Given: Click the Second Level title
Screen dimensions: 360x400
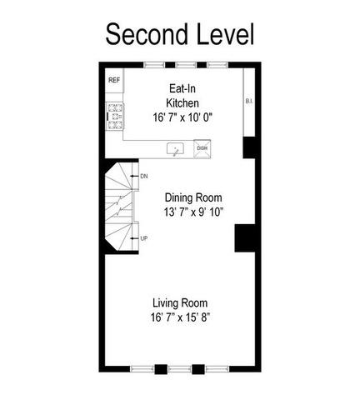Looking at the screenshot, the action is pyautogui.click(x=180, y=34).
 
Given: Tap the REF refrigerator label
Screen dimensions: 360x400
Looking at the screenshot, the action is pyautogui.click(x=114, y=80).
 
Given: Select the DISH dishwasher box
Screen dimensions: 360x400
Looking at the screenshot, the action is pyautogui.click(x=202, y=148).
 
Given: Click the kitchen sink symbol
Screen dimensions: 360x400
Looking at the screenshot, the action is pyautogui.click(x=175, y=149).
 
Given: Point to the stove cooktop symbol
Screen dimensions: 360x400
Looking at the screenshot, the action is pyautogui.click(x=115, y=117).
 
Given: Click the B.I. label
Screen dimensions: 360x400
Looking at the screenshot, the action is pyautogui.click(x=249, y=102).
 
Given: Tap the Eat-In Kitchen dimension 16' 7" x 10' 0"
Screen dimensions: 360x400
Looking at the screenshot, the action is pyautogui.click(x=182, y=117).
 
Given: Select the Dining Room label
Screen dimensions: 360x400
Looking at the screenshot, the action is pyautogui.click(x=193, y=197).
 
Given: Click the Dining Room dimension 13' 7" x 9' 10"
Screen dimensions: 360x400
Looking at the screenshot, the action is pyautogui.click(x=193, y=212).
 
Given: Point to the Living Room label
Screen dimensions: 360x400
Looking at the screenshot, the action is pyautogui.click(x=180, y=302).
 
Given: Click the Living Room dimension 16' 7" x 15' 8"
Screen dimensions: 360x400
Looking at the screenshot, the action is pyautogui.click(x=180, y=317).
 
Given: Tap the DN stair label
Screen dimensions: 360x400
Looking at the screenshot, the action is pyautogui.click(x=144, y=176).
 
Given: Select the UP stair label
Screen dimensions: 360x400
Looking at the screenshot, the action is pyautogui.click(x=144, y=238).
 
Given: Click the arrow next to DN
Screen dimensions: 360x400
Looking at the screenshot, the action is pyautogui.click(x=134, y=176).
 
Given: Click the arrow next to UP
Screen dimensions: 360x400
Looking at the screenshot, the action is pyautogui.click(x=134, y=238).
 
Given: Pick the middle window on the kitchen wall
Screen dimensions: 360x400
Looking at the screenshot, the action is pyautogui.click(x=186, y=65).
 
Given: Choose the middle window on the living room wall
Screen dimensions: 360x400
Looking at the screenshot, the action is pyautogui.click(x=179, y=369).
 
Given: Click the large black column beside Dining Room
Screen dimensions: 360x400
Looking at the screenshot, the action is pyautogui.click(x=245, y=238).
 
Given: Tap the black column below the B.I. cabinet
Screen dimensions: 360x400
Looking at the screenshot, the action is pyautogui.click(x=249, y=147).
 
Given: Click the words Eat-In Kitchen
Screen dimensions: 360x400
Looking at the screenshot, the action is pyautogui.click(x=182, y=96).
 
